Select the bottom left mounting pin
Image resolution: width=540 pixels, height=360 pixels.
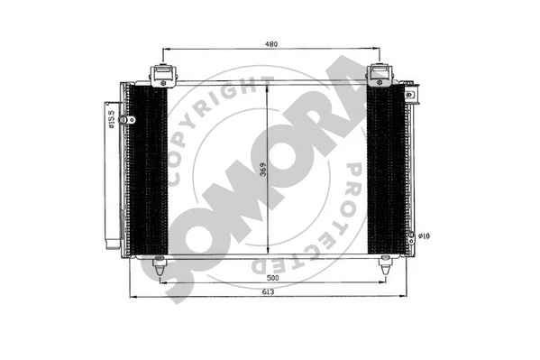160,265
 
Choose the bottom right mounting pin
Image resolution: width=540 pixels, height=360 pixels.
385,265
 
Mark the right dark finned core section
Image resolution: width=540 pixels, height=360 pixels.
386,171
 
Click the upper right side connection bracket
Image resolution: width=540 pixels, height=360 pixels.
409,93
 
